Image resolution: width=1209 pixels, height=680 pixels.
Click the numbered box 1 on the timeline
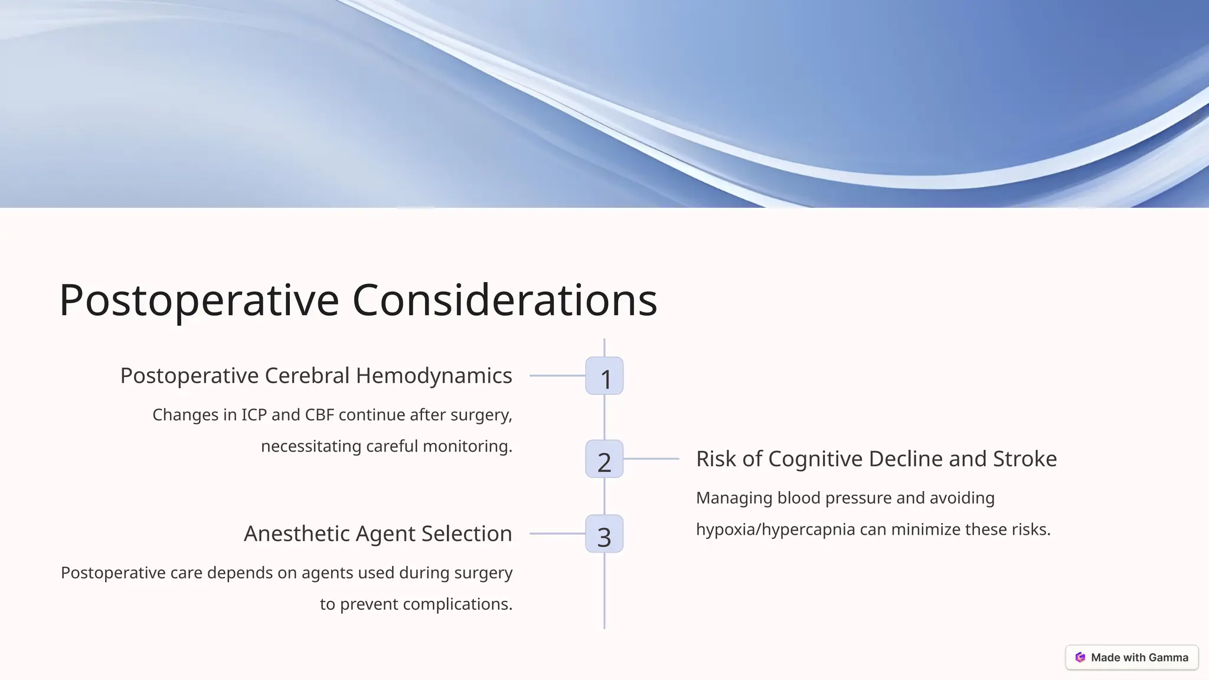604,376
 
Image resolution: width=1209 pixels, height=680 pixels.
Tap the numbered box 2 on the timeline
604,459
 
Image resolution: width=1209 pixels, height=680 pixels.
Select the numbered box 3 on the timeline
604,534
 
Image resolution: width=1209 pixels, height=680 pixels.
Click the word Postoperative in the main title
199,300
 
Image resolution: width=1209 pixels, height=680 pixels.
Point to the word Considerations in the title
505,300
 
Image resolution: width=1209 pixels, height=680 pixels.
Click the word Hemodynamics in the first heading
434,376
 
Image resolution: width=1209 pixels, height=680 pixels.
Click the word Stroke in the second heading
1025,459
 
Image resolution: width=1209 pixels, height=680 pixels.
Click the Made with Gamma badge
1132,658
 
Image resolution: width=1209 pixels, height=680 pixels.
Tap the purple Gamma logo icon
1080,658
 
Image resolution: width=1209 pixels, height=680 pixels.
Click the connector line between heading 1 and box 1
557,375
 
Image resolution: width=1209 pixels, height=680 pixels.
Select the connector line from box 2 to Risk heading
651,459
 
